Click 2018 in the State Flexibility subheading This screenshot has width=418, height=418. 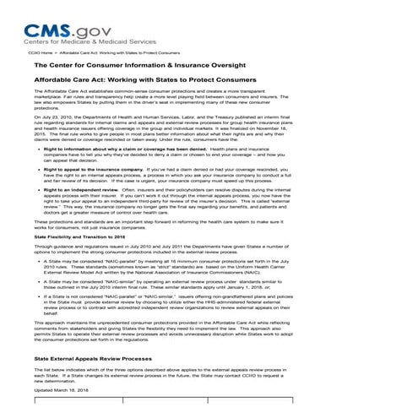[117, 238]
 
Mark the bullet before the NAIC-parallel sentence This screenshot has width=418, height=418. [38, 263]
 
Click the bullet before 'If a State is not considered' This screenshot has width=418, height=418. [38, 299]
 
